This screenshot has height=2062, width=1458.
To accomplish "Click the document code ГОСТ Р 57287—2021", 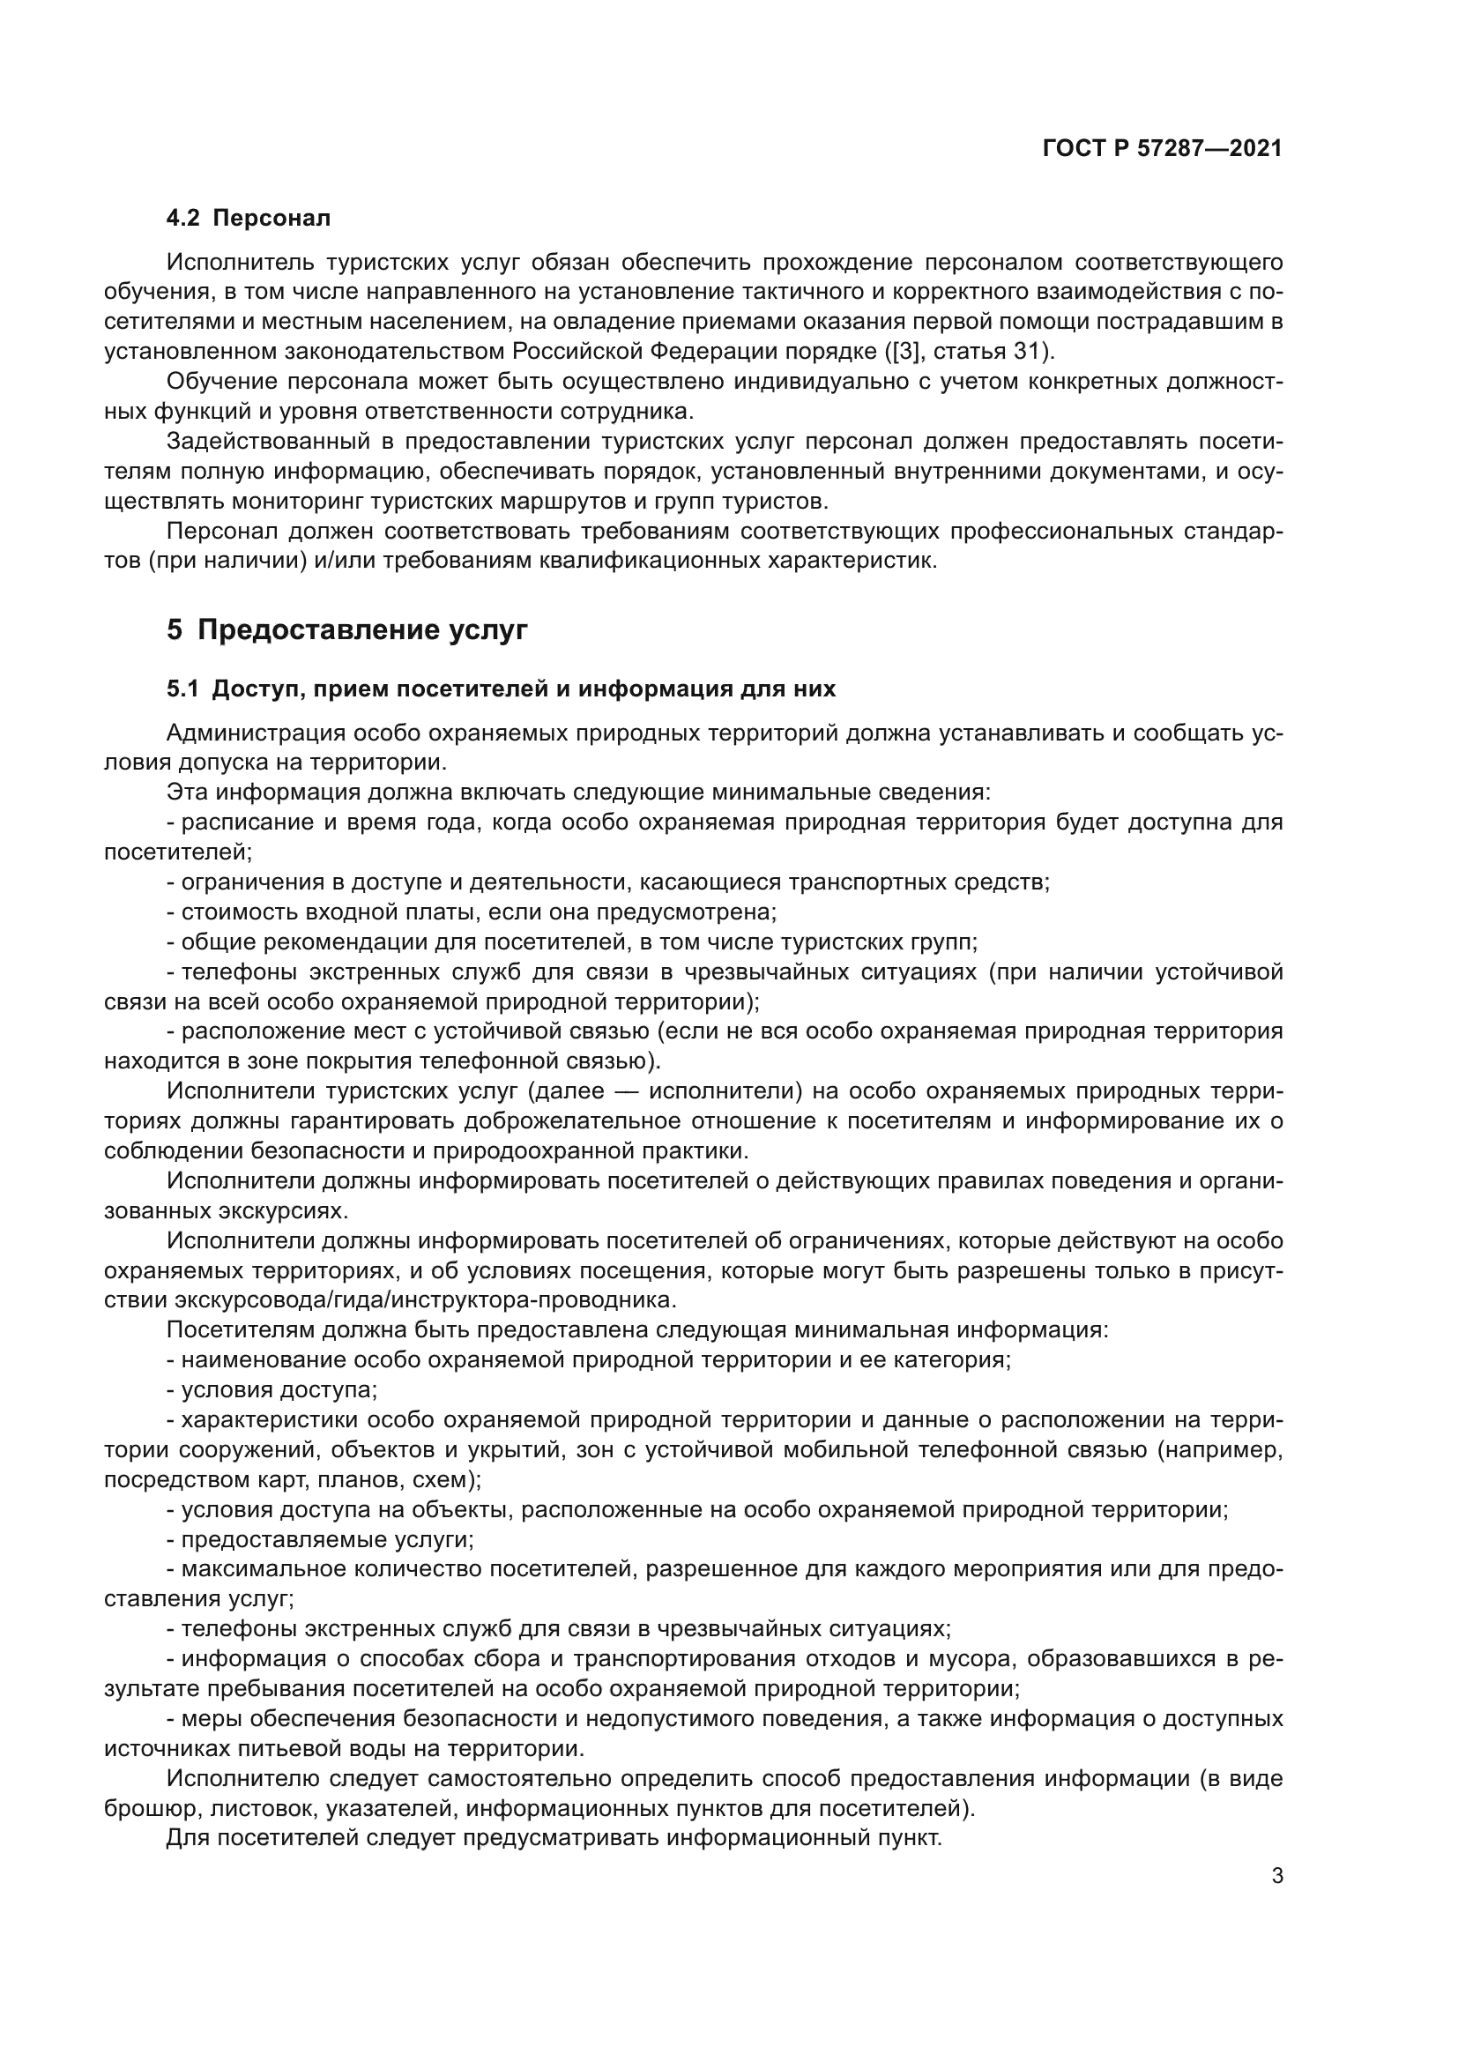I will coord(1162,149).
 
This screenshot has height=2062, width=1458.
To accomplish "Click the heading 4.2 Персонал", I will coord(249,219).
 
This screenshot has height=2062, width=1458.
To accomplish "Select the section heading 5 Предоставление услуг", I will coord(346,630).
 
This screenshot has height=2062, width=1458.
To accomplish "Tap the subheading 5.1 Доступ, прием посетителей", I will coord(501,689).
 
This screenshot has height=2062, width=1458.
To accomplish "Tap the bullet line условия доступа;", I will coord(272,1390).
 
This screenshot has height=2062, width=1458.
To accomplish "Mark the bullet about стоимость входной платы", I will coord(472,912).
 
